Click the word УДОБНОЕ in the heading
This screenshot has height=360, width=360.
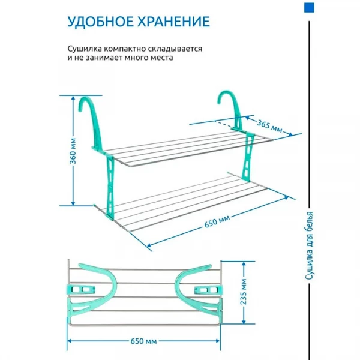coord(100,22)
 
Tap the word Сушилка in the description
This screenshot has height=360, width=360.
coord(85,49)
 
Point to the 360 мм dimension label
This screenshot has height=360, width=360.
coord(73,151)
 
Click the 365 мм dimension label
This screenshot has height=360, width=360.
coord(269,126)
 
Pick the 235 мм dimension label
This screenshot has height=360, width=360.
coord(244,292)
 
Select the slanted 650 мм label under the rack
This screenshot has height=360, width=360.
coord(217,221)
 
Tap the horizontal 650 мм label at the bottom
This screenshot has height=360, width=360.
coord(144,341)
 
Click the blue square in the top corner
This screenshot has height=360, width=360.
coord(309,8)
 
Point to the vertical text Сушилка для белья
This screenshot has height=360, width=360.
coord(309,245)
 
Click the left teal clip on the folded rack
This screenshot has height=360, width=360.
coord(81,289)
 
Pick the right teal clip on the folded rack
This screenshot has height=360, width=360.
coord(208,290)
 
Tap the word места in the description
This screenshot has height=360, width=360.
coord(161,58)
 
